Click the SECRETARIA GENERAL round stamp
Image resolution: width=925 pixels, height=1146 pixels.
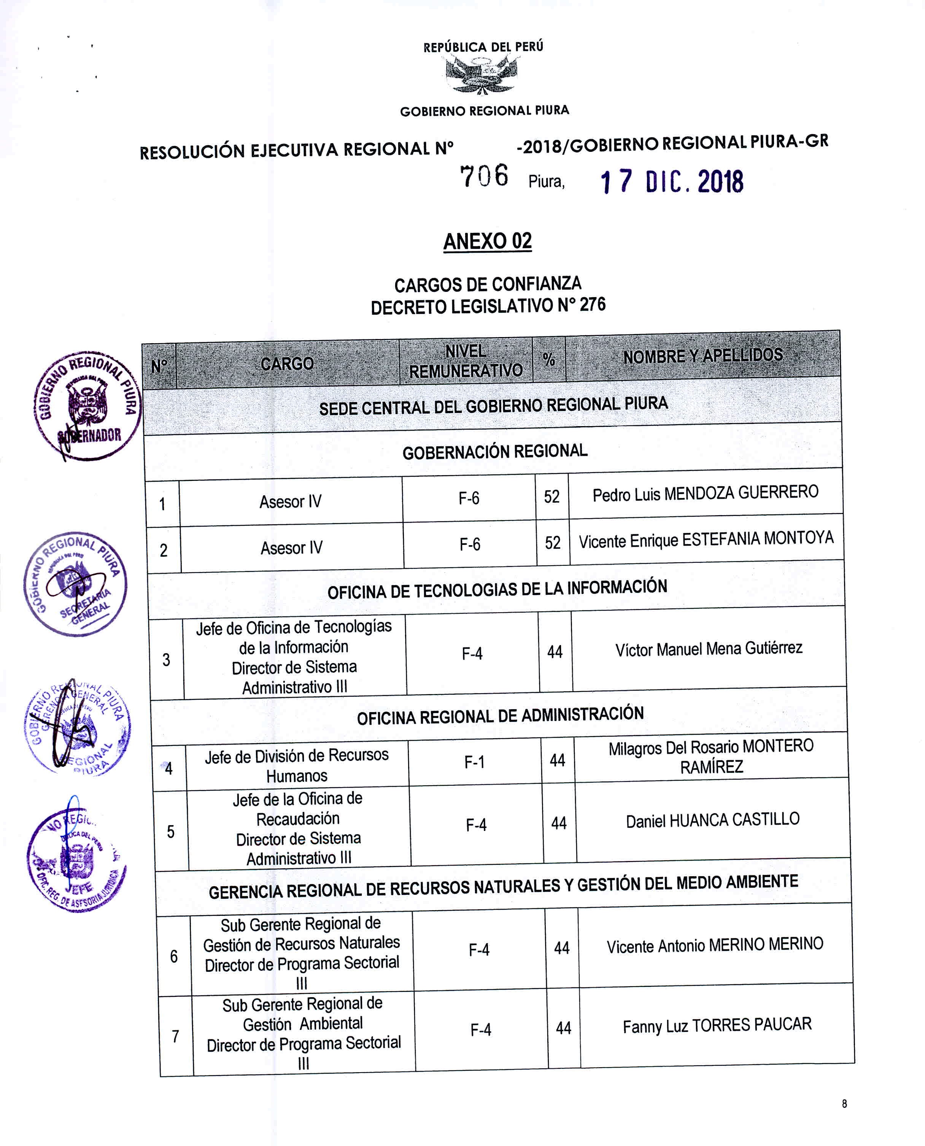click(x=76, y=584)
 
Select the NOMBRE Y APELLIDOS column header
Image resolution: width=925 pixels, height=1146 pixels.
click(x=703, y=355)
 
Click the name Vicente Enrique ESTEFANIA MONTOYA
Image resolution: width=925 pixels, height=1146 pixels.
click(x=706, y=540)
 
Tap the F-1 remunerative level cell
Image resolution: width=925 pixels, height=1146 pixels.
click(x=474, y=762)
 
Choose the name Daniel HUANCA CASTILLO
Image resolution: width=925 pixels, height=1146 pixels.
click(x=712, y=820)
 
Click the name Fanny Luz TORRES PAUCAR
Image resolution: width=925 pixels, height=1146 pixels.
click(x=717, y=1025)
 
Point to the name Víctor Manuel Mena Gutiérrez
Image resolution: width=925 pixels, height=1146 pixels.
click(x=709, y=649)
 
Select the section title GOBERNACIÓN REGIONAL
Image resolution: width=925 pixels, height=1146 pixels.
click(x=494, y=452)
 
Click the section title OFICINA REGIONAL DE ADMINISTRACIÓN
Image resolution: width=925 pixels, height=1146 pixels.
click(x=500, y=715)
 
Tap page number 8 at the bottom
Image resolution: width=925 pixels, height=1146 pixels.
click(x=844, y=1103)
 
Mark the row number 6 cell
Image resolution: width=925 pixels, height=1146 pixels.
click(x=174, y=956)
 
